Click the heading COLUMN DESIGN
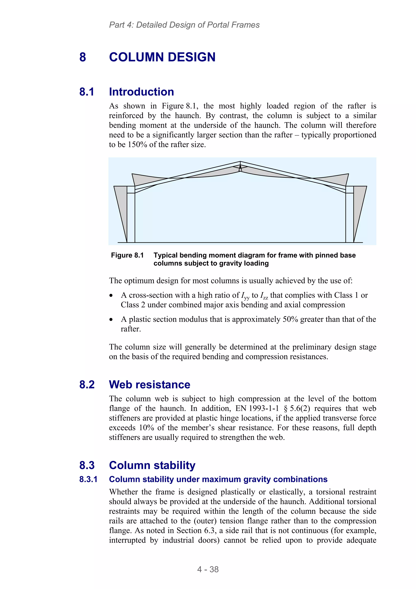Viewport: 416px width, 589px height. pyautogui.click(x=162, y=57)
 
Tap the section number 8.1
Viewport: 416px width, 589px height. pyautogui.click(x=87, y=92)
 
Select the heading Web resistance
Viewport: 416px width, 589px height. pyautogui.click(x=149, y=384)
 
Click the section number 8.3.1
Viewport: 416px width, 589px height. pyautogui.click(x=88, y=479)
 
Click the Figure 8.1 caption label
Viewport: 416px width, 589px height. pyautogui.click(x=127, y=255)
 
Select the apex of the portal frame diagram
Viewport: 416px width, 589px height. pyautogui.click(x=240, y=162)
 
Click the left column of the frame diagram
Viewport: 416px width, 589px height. pyautogui.click(x=131, y=218)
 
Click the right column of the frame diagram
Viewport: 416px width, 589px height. pyautogui.click(x=349, y=218)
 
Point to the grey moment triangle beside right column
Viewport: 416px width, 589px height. pyautogui.click(x=358, y=205)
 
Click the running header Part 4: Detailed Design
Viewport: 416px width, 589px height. pyautogui.click(x=184, y=25)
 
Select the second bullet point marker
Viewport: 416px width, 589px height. pyautogui.click(x=111, y=320)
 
